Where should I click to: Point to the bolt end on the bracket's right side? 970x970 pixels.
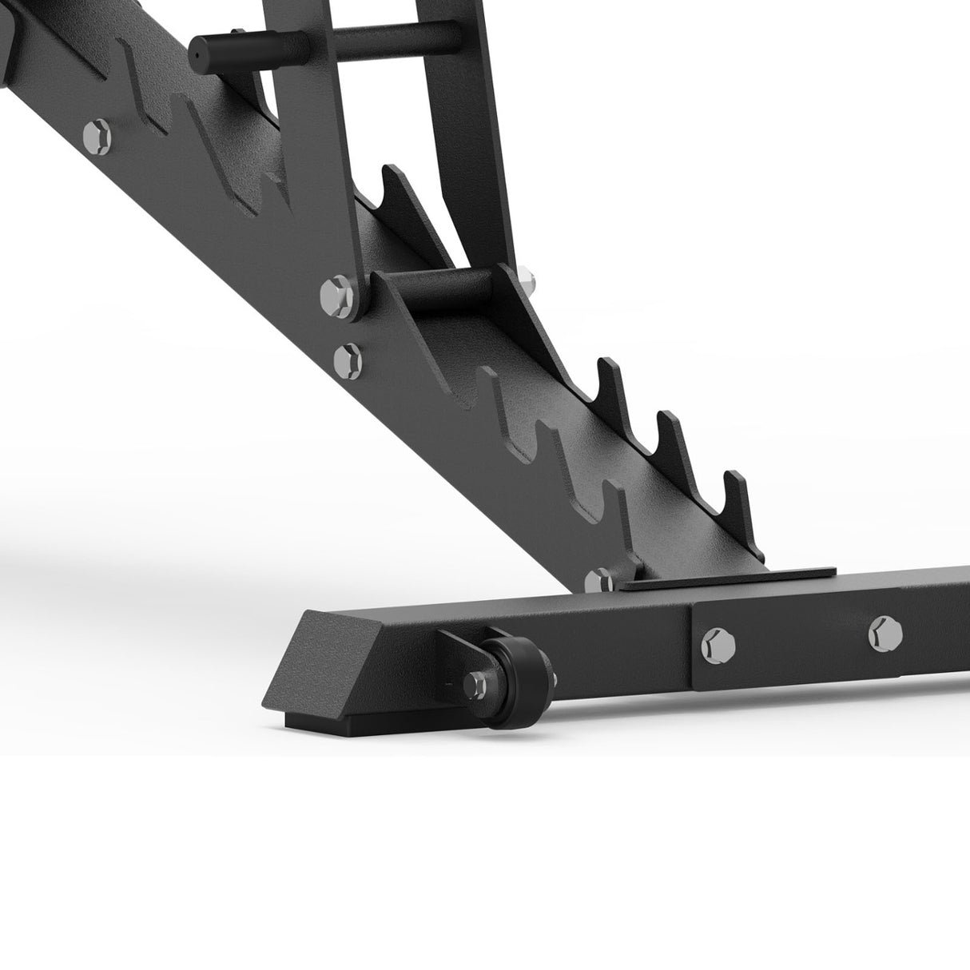[527, 280]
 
